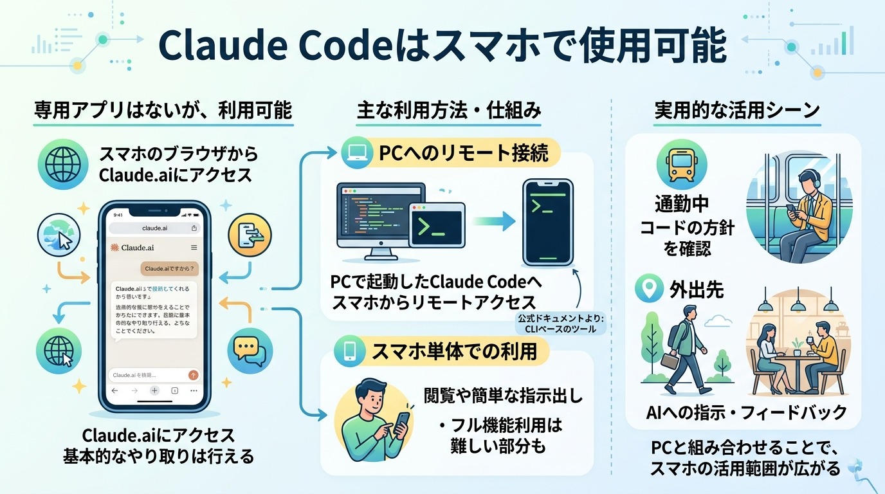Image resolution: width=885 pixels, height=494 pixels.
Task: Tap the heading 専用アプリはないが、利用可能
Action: coord(163,110)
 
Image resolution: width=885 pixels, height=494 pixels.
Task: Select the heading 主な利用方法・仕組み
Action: coord(448,110)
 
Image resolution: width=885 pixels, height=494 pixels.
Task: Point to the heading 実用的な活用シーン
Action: coord(737,110)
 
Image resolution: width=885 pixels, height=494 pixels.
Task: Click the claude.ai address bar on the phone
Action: coord(154,228)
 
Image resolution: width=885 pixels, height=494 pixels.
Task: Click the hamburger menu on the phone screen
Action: coord(194,248)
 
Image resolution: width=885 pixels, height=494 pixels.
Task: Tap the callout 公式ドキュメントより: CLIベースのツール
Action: coord(555,324)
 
